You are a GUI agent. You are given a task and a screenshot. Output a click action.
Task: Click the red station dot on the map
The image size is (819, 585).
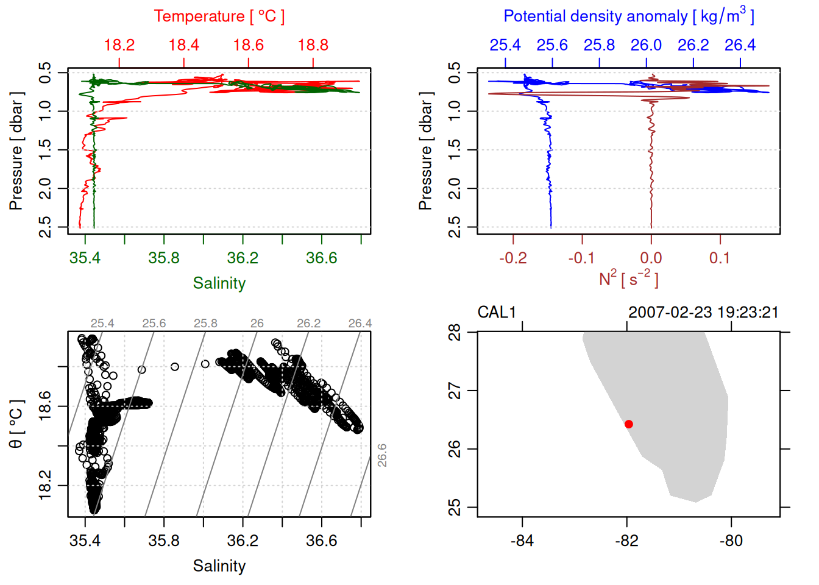pyautogui.click(x=629, y=424)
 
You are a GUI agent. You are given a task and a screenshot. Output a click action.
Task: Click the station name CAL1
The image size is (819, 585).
pyautogui.click(x=497, y=313)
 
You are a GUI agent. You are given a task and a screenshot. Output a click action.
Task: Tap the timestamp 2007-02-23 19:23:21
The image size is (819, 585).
pyautogui.click(x=703, y=313)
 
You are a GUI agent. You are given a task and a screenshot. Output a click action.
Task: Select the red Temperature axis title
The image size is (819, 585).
pyautogui.click(x=219, y=16)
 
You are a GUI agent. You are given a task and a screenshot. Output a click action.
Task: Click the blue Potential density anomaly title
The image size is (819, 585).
pyautogui.click(x=629, y=16)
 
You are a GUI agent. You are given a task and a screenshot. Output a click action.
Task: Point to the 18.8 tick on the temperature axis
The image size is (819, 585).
pyautogui.click(x=313, y=45)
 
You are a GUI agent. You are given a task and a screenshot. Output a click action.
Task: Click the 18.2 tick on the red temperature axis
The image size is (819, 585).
pyautogui.click(x=119, y=45)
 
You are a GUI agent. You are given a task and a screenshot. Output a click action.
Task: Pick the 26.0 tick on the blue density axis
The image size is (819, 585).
pyautogui.click(x=646, y=45)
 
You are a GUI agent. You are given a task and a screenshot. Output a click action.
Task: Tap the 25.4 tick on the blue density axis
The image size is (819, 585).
pyautogui.click(x=505, y=45)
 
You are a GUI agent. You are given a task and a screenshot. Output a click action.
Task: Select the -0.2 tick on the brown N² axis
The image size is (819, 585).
pyautogui.click(x=513, y=258)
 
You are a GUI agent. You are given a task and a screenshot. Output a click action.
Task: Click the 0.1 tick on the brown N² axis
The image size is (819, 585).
pyautogui.click(x=720, y=258)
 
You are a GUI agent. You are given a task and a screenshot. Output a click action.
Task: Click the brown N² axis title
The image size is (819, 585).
pyautogui.click(x=629, y=279)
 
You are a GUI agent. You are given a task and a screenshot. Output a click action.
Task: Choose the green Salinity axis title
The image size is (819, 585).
pyautogui.click(x=219, y=283)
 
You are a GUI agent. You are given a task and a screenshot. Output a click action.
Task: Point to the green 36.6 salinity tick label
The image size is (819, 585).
pyautogui.click(x=322, y=258)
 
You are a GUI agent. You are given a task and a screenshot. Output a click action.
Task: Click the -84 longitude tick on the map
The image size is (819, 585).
pyautogui.click(x=522, y=541)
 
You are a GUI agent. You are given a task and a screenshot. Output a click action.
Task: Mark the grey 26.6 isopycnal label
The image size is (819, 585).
pyautogui.click(x=382, y=455)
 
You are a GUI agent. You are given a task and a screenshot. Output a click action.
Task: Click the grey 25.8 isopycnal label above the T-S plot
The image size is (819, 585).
pyautogui.click(x=205, y=323)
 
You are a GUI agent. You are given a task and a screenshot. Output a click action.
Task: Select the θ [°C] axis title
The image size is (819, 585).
pyautogui.click(x=16, y=424)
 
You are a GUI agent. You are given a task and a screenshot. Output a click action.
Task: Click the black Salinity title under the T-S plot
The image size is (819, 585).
pyautogui.click(x=219, y=566)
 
